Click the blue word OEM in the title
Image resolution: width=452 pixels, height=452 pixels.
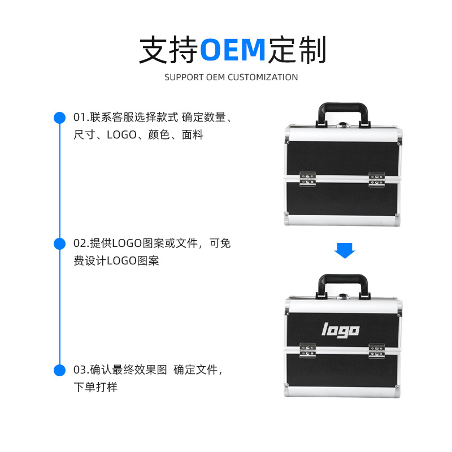tap(233, 50)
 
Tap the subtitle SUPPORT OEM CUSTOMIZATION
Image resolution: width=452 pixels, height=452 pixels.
tap(231, 77)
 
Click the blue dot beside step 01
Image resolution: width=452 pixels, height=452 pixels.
tap(59, 118)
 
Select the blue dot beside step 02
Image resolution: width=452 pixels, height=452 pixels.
tap(59, 244)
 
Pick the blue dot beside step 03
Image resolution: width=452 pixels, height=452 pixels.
tap(59, 370)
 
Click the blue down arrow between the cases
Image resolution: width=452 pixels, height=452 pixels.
tap(344, 250)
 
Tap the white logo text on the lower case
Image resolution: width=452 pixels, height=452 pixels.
tap(341, 329)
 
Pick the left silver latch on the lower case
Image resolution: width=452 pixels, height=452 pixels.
tap(308, 350)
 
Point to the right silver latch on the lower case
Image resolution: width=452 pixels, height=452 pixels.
tap(377, 350)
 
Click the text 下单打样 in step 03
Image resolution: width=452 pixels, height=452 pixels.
tap(95, 388)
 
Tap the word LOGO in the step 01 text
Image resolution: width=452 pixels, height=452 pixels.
tap(121, 135)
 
